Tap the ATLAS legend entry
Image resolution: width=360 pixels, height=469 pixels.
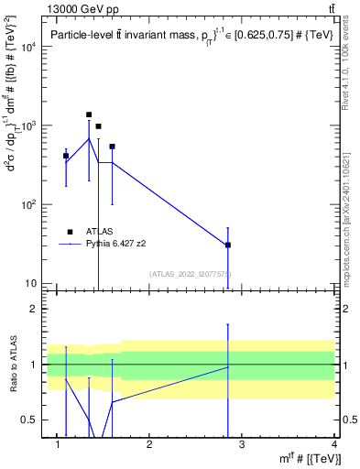(x=98, y=233)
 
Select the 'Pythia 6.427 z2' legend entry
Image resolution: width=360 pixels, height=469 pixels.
(x=116, y=245)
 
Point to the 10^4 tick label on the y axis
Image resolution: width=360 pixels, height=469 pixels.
(x=28, y=47)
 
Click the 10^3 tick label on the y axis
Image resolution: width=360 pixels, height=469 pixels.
(x=28, y=125)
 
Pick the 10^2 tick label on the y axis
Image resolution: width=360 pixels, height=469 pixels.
(x=28, y=204)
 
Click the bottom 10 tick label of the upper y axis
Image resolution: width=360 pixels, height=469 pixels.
(x=32, y=283)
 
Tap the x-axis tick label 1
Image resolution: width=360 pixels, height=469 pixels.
(x=58, y=444)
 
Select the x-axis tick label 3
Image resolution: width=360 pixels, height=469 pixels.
(x=242, y=444)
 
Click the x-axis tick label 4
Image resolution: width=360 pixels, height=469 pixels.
(x=334, y=444)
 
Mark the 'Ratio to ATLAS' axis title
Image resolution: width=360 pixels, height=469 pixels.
(x=12, y=364)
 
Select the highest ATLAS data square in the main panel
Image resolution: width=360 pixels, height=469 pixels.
(x=89, y=115)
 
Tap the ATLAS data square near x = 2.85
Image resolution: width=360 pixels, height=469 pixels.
(x=227, y=245)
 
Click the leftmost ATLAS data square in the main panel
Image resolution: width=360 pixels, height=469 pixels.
(x=66, y=156)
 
